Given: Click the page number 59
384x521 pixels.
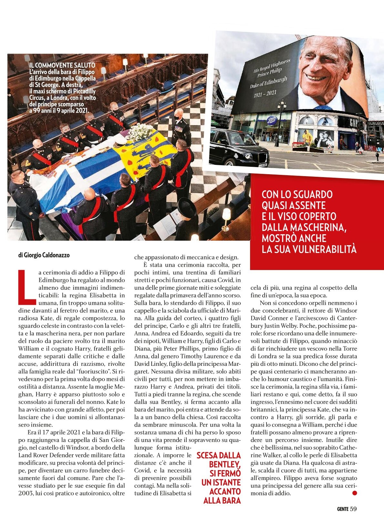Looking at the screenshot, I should pyautogui.click(x=353, y=509).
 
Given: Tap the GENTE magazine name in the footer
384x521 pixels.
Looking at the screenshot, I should pyautogui.click(x=342, y=509).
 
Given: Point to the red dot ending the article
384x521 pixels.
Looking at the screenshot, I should pyautogui.click(x=355, y=493).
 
